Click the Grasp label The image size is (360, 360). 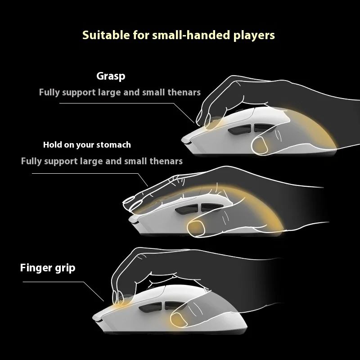click(110, 76)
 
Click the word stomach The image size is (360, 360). click(115, 145)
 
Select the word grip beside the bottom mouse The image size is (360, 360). click(64, 268)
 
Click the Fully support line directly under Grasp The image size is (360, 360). click(120, 92)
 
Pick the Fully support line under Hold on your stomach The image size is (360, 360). click(102, 161)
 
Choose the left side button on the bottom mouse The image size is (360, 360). click(149, 308)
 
